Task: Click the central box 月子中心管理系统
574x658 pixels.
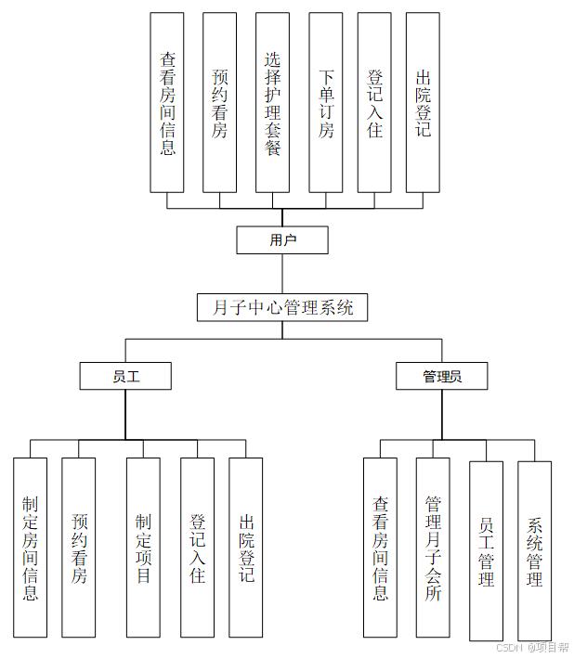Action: coord(282,308)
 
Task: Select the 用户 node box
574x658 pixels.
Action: coord(282,240)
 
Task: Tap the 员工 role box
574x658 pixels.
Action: coord(125,376)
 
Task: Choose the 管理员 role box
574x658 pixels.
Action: coord(441,376)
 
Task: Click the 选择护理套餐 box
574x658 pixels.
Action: coord(273,102)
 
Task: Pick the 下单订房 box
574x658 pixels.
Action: coord(326,102)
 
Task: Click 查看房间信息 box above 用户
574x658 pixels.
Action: coord(167,102)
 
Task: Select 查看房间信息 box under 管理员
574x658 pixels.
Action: coord(380,548)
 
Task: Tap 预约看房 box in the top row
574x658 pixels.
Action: coord(220,102)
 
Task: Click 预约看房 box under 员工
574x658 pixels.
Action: coord(79,548)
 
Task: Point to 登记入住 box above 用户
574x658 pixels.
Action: coord(374,102)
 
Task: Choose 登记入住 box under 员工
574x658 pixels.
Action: coord(197,548)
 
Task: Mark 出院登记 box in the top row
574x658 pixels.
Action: coord(423,102)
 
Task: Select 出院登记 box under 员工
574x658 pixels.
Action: coord(246,548)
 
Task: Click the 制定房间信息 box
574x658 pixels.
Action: coord(31,548)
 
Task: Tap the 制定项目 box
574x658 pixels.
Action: coord(143,548)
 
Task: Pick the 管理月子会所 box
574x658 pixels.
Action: coord(433,548)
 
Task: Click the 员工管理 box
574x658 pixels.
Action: coord(486,551)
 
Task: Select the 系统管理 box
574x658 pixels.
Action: coord(534,551)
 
